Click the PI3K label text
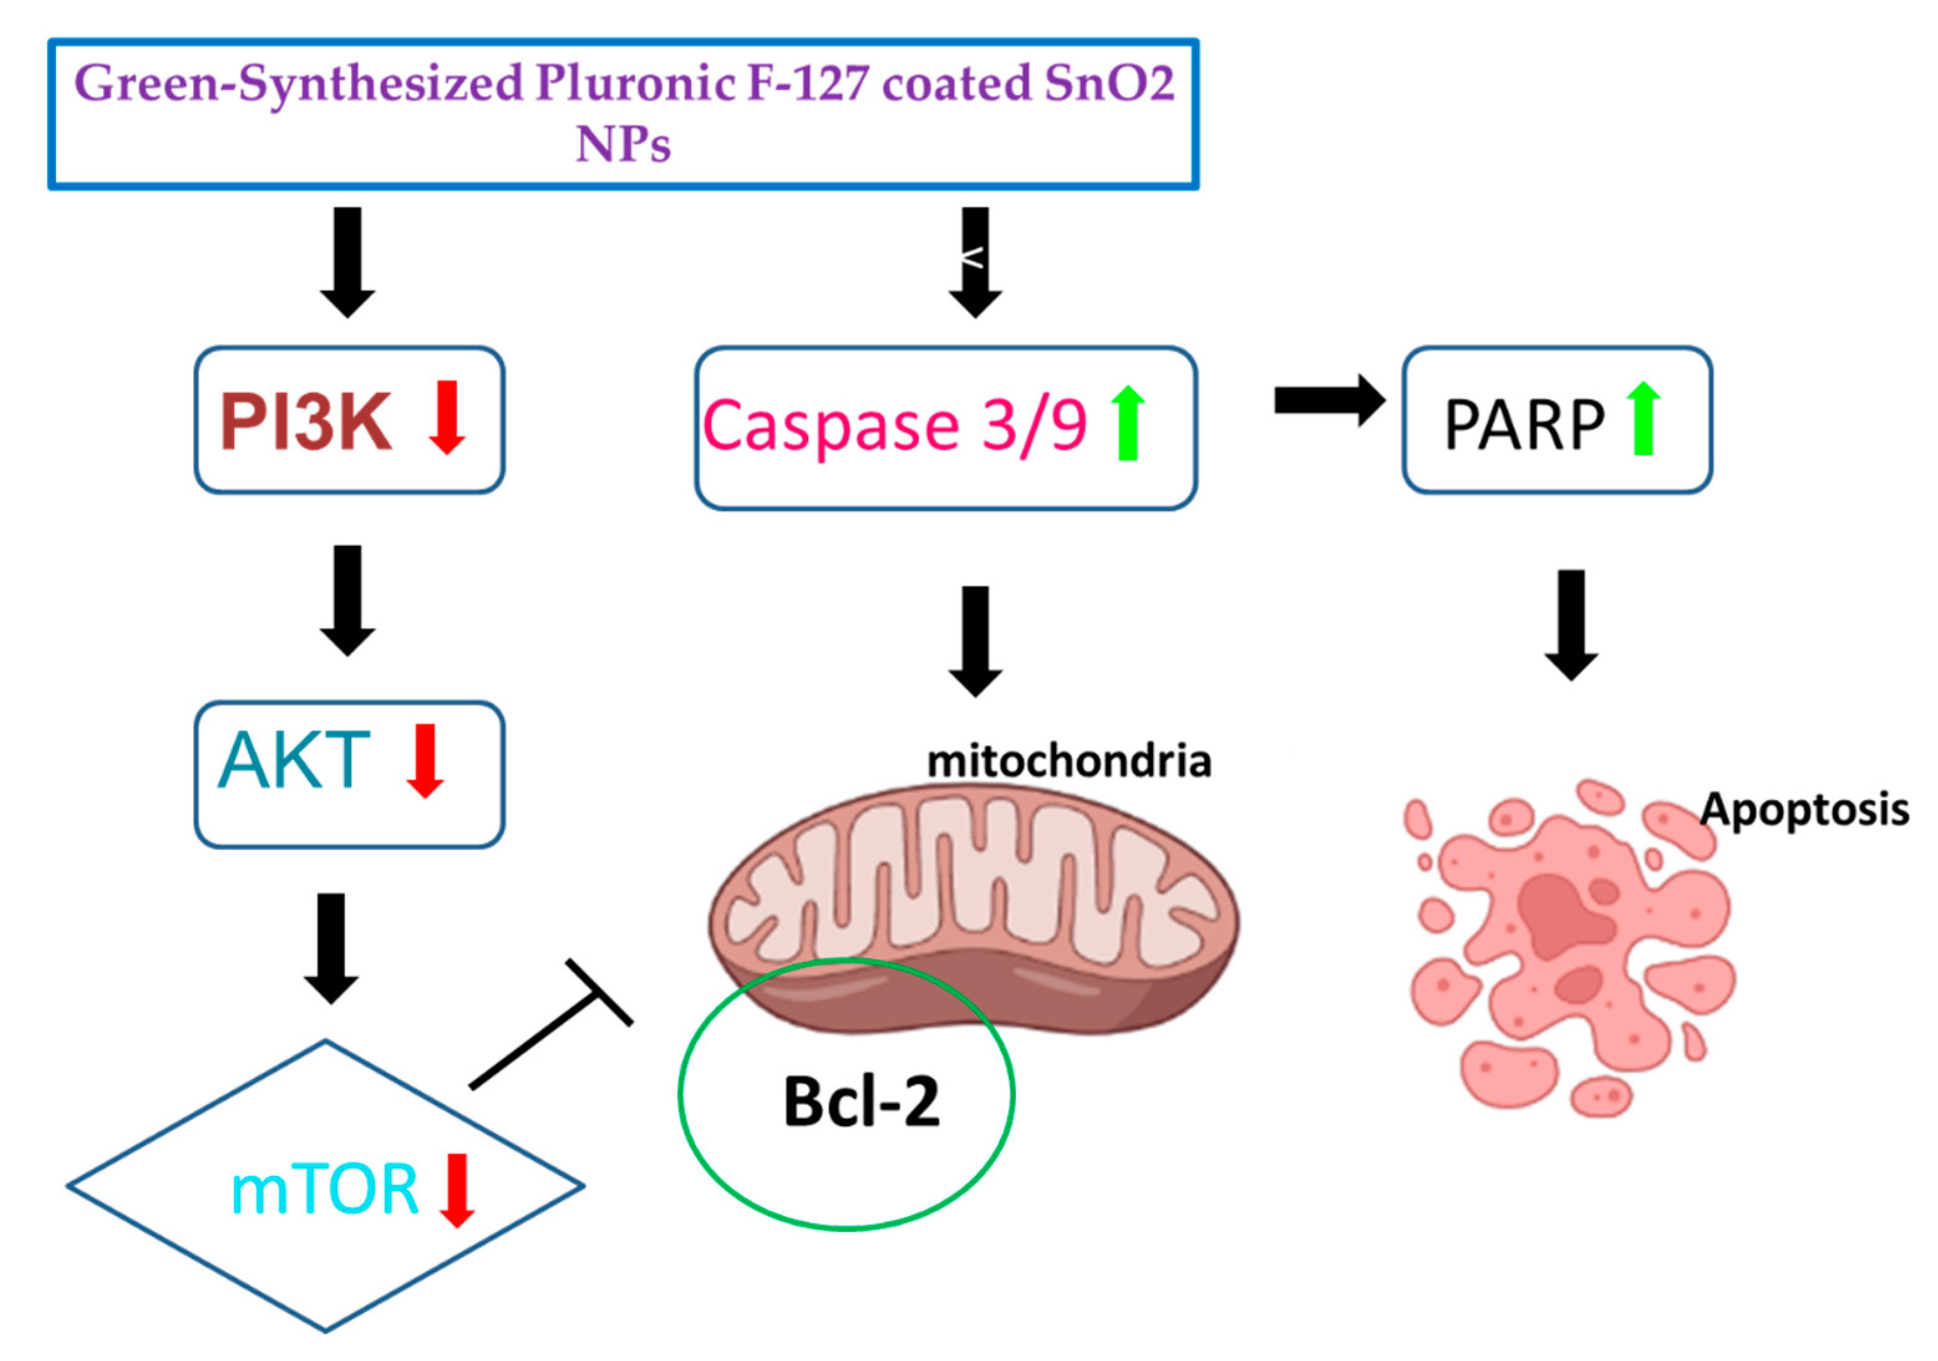306,421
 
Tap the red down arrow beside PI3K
446,417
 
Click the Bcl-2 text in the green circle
861,1102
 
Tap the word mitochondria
1068,761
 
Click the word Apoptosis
1805,809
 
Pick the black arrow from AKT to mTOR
331,948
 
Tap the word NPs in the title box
623,144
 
